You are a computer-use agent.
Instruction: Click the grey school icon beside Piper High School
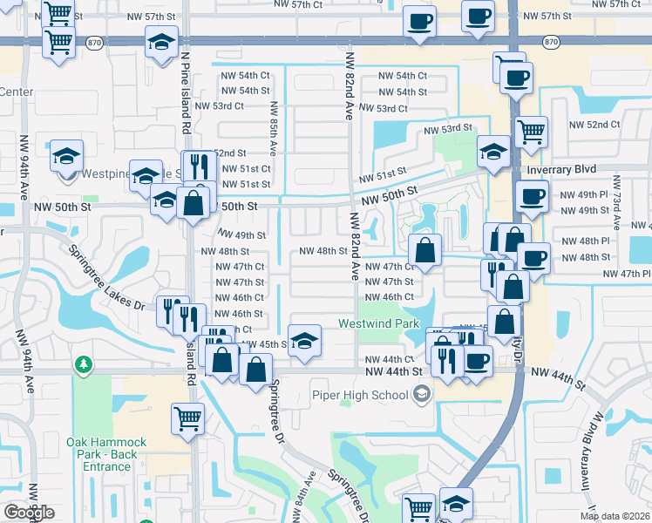point(422,395)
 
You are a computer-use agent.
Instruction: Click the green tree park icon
point(83,363)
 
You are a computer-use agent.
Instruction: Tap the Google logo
point(29,513)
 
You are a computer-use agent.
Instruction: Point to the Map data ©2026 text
point(615,516)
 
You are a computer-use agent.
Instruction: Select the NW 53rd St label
point(448,128)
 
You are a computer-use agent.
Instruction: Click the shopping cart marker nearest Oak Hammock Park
point(188,419)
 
